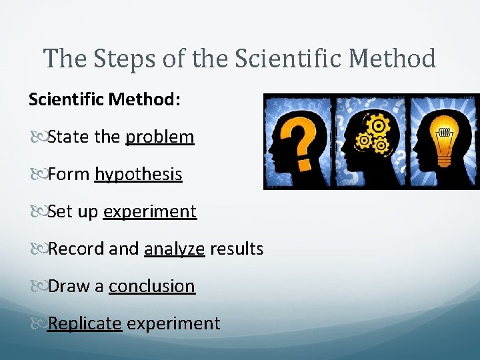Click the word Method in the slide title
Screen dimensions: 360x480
tap(393, 59)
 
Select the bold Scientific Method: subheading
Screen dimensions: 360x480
tap(104, 99)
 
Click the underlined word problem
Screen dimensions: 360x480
tap(160, 137)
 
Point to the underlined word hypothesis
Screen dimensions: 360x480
tap(139, 175)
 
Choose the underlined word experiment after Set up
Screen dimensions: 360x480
tap(150, 212)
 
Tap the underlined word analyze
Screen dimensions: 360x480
tap(174, 249)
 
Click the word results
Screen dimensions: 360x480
tap(237, 249)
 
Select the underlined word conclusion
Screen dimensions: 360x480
tap(152, 287)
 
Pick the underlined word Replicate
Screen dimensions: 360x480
tap(85, 324)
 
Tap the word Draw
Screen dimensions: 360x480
tap(69, 287)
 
